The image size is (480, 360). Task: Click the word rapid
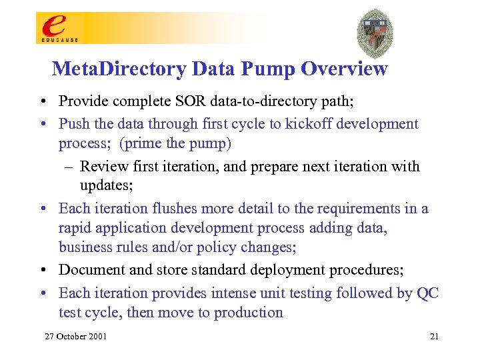74,228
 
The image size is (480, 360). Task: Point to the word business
84,247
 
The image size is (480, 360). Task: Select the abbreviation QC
427,293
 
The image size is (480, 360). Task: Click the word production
249,313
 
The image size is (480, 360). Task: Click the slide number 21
434,336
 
